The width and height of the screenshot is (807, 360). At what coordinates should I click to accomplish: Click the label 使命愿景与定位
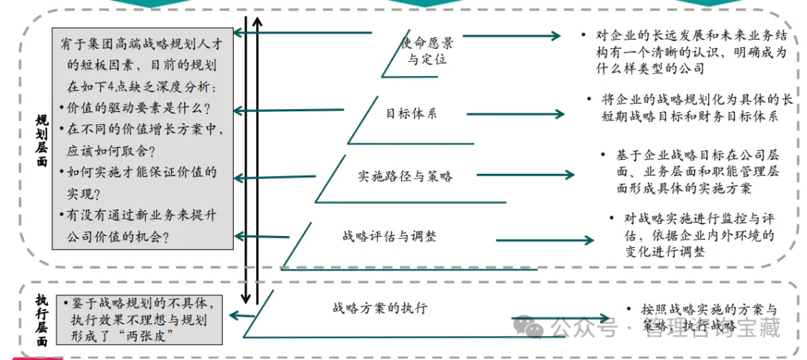427,50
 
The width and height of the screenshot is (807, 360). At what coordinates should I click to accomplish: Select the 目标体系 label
411,114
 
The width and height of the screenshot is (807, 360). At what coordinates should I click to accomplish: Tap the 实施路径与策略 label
405,176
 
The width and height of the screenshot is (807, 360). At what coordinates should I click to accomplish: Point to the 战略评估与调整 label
389,237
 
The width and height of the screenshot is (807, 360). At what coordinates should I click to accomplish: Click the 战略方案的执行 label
380,307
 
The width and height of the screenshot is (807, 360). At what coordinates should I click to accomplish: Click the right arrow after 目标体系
538,114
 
